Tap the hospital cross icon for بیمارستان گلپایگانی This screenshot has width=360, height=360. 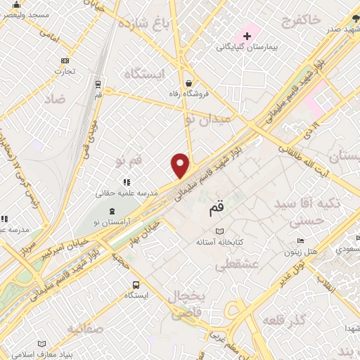(247, 36)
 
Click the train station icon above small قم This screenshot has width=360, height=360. (98, 83)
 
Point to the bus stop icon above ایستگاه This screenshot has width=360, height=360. (135, 285)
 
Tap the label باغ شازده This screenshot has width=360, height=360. (148, 26)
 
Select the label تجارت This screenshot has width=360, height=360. (65, 71)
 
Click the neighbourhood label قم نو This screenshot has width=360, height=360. (129, 162)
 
